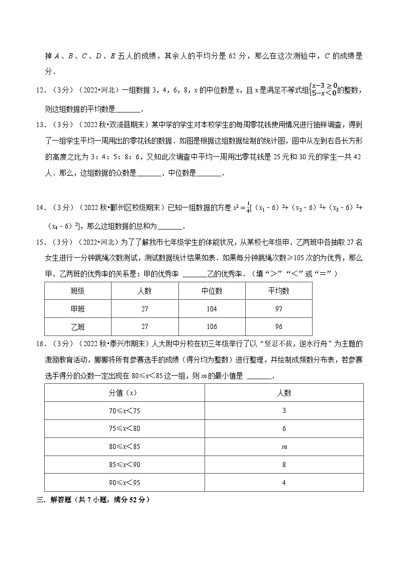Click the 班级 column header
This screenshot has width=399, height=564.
(x=78, y=291)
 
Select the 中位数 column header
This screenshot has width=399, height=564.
(x=212, y=291)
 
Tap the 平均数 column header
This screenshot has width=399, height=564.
(x=279, y=291)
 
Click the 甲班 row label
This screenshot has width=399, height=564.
(x=78, y=309)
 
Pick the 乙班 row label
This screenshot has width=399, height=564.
(x=78, y=326)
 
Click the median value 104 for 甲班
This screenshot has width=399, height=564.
(x=212, y=309)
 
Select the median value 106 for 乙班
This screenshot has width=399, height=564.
(x=212, y=326)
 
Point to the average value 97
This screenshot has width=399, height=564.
(x=279, y=309)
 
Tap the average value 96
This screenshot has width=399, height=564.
(x=279, y=326)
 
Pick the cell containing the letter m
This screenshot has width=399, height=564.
(x=284, y=447)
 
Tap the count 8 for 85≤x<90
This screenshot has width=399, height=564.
(x=284, y=465)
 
